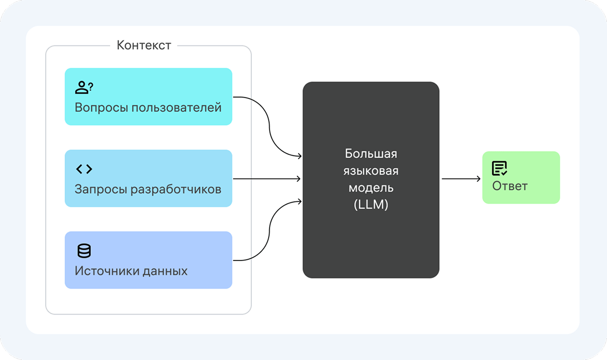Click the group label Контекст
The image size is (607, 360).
click(x=144, y=46)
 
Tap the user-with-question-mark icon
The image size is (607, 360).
click(x=84, y=87)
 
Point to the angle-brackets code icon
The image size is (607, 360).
click(x=84, y=169)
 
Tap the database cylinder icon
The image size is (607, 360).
click(x=84, y=251)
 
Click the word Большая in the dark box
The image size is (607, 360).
click(x=371, y=153)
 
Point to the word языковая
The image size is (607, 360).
click(x=371, y=170)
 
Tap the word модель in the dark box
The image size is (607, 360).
click(x=371, y=188)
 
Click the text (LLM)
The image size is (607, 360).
click(x=371, y=205)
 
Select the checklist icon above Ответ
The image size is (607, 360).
click(x=499, y=168)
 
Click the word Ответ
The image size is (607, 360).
click(x=510, y=186)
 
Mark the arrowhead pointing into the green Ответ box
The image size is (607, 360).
click(x=478, y=178)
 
